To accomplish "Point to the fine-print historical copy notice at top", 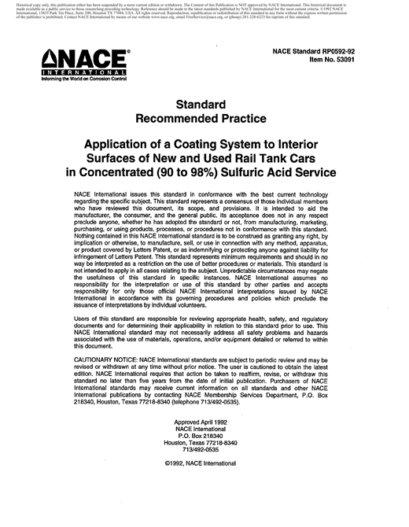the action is (204, 13).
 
